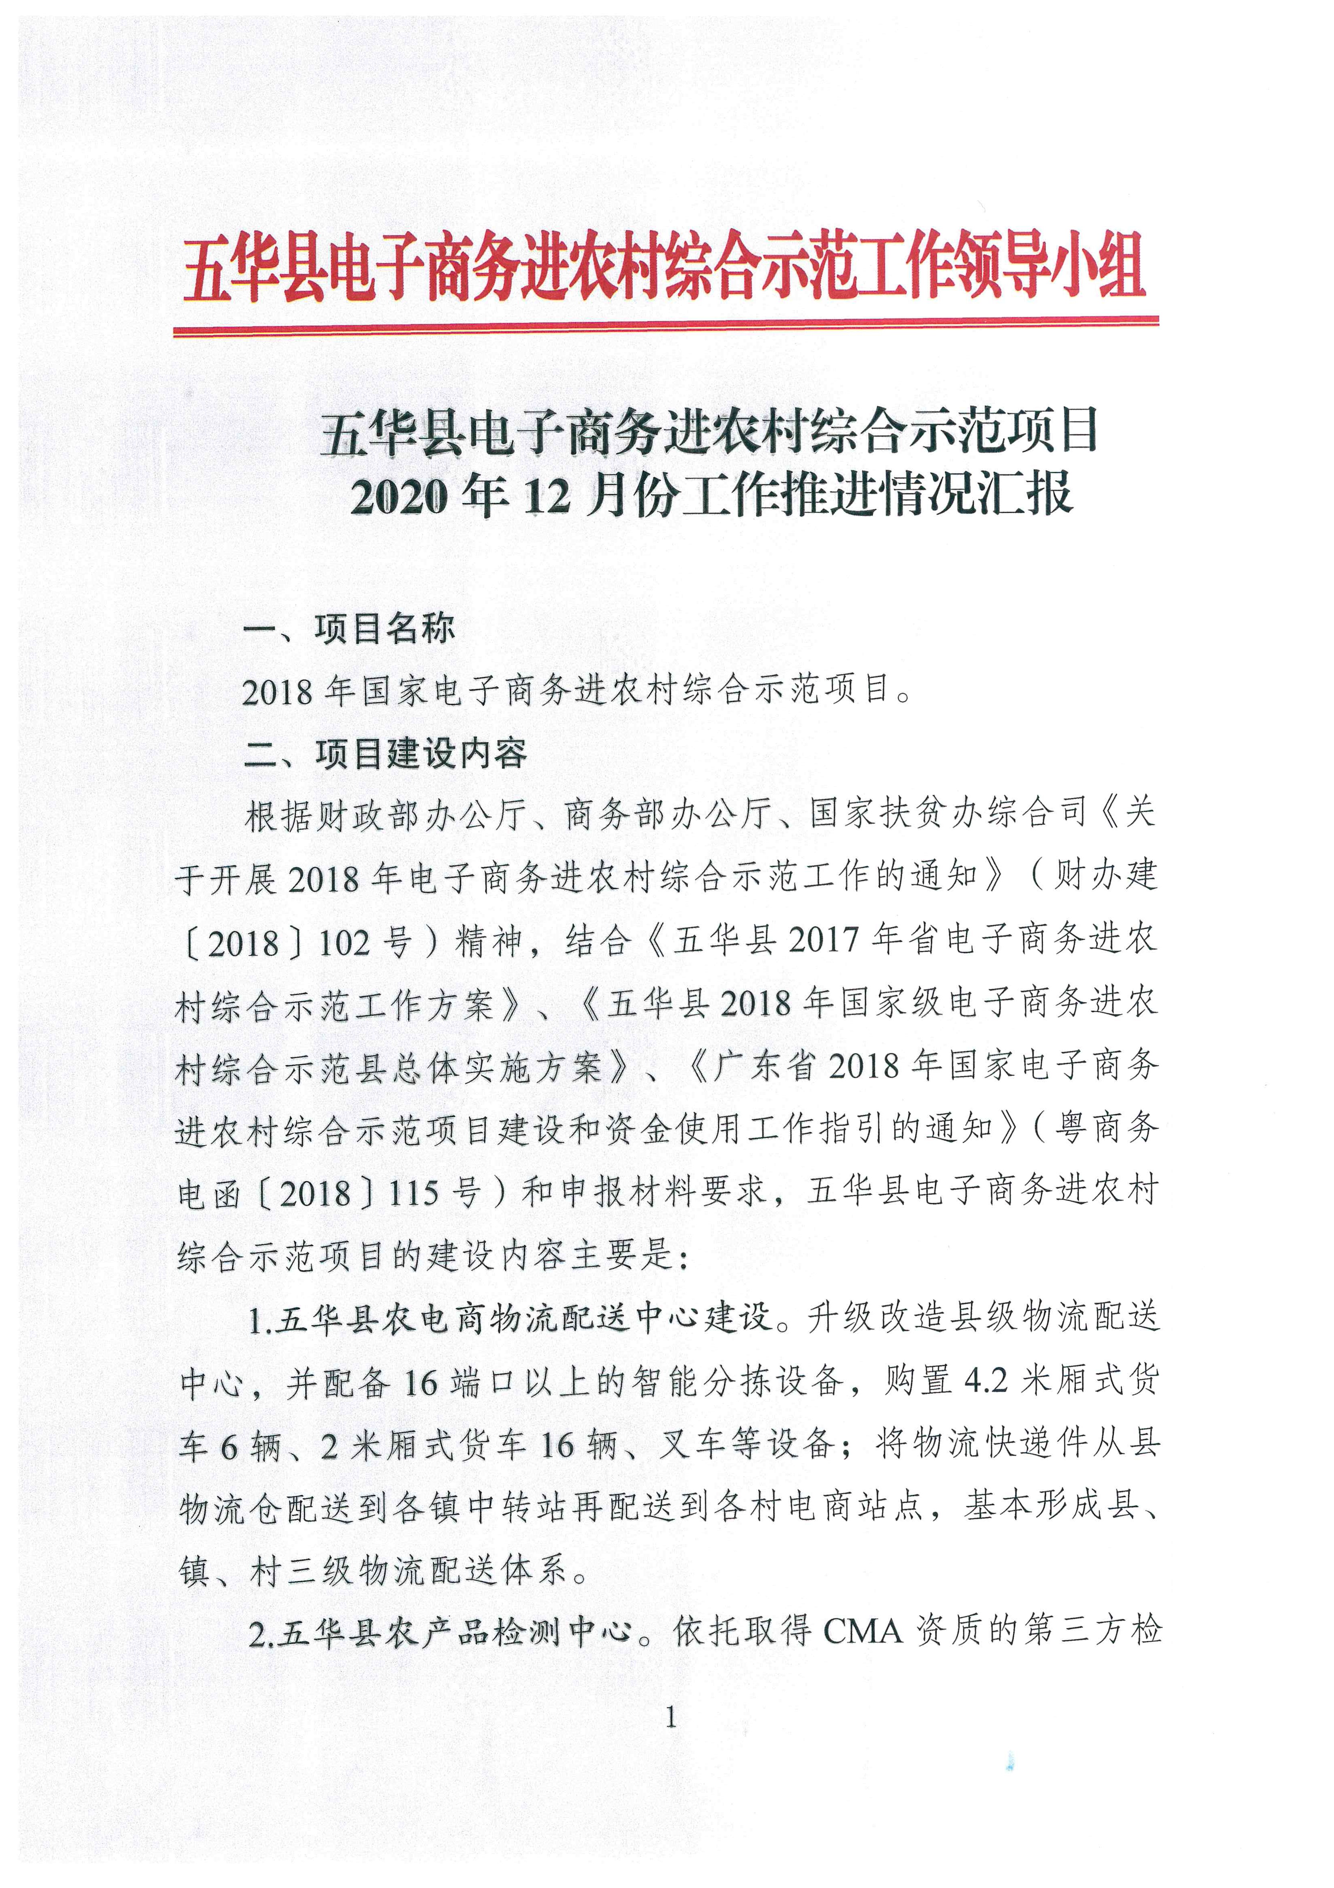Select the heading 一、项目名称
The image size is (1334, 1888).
tap(349, 629)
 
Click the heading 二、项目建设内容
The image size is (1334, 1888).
tap(385, 754)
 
